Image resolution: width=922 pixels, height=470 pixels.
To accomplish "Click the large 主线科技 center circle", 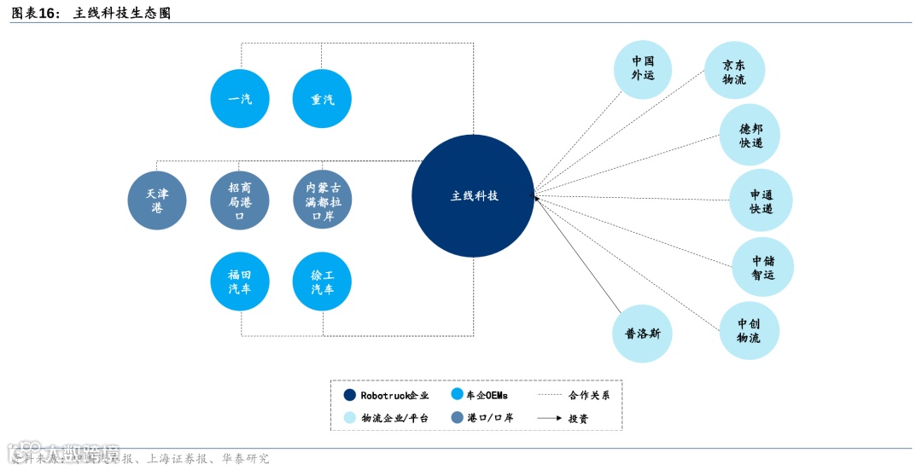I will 473,196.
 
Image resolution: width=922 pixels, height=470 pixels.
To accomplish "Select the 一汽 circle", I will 240,100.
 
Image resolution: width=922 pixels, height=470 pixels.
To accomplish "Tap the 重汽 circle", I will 322,100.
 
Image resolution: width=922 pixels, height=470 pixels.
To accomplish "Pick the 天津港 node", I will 157,200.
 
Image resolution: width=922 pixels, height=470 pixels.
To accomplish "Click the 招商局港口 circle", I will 240,200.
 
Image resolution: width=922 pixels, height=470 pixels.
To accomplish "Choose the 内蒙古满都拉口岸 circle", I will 322,200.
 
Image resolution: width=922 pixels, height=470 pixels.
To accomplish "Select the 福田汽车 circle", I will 240,281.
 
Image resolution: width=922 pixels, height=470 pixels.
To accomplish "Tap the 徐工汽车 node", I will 322,281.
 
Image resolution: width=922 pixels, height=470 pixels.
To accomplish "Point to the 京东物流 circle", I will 734,71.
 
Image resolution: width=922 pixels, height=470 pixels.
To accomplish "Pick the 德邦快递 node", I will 750,135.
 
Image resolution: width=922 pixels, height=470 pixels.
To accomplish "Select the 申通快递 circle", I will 761,200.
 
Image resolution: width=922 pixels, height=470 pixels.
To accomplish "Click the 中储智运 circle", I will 763,267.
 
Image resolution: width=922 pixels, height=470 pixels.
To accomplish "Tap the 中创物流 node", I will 749,331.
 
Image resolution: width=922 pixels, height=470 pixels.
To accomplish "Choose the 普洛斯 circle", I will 642,334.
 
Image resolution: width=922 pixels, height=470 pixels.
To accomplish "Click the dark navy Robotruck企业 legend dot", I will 350,395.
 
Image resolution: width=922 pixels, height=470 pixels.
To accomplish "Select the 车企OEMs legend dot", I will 457,395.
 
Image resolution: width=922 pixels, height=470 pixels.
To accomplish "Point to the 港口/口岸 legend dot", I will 457,418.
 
